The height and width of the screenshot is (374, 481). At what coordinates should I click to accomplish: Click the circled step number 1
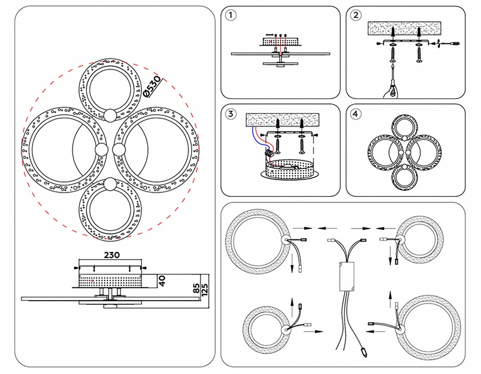click(x=231, y=16)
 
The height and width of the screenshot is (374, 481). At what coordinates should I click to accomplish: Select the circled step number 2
click(x=356, y=16)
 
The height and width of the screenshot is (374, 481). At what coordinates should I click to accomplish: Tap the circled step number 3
click(x=231, y=113)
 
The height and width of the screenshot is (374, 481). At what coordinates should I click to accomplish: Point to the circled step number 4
click(x=356, y=113)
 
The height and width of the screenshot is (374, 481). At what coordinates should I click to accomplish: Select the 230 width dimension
click(x=112, y=255)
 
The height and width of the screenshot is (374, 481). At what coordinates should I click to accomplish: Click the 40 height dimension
click(x=162, y=281)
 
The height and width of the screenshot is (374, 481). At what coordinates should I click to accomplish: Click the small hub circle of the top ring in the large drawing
click(x=110, y=115)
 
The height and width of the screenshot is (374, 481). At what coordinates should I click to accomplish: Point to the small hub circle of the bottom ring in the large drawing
click(x=110, y=184)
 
